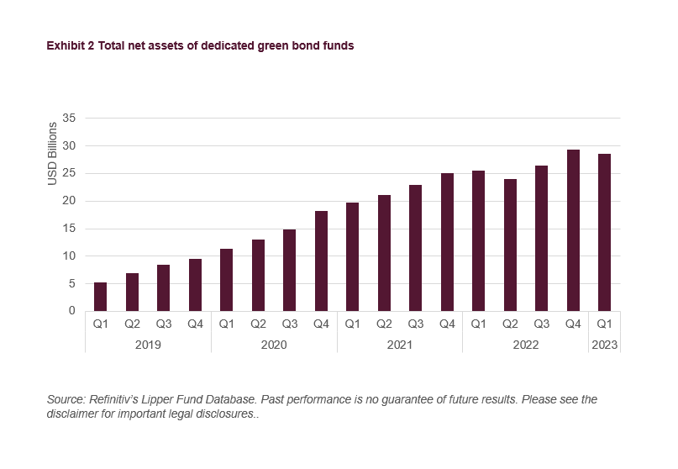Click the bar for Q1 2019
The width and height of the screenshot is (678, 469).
pos(100,297)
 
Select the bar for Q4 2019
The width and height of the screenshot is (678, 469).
pos(195,285)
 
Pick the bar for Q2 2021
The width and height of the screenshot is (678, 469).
pos(384,253)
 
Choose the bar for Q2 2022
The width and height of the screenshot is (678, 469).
pos(510,245)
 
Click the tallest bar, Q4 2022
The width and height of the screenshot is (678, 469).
pos(573,230)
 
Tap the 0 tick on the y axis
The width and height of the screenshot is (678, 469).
pos(73,311)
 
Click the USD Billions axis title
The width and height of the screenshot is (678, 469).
pos(52,154)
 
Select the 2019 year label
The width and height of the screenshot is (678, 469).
pos(148,345)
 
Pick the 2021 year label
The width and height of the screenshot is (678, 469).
pos(400,345)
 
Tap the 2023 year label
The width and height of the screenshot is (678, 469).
pos(604,345)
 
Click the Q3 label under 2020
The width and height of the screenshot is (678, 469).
pos(289,323)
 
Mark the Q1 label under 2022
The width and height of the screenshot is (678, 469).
pos(478,323)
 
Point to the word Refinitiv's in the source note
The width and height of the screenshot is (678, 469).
pos(114,400)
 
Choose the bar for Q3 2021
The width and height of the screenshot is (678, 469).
pos(415,248)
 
